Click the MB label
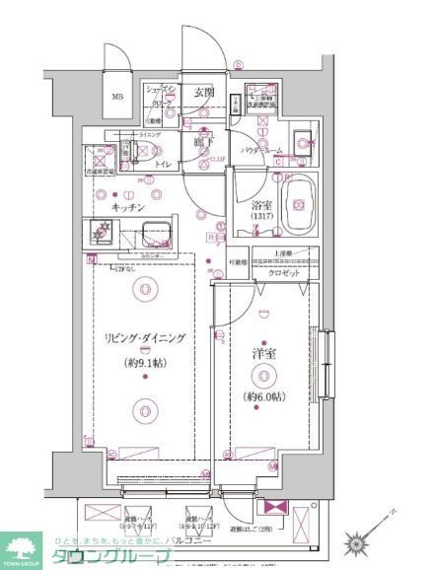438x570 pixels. [117, 96]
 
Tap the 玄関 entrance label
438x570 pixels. [204, 92]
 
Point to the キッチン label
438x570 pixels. [129, 208]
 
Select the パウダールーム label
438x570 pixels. [261, 150]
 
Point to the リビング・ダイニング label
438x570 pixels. [145, 338]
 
